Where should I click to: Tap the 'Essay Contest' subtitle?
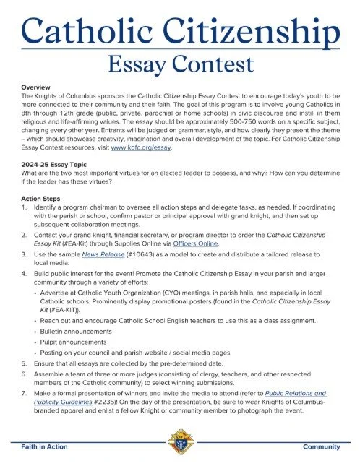click(180, 66)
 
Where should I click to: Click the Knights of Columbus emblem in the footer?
click(179, 441)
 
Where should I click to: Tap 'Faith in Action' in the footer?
click(45, 447)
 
